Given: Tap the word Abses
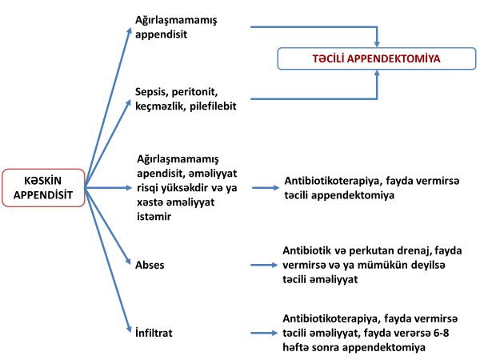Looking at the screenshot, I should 148,265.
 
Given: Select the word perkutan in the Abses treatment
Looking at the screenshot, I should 363,251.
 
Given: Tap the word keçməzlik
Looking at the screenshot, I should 160,106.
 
